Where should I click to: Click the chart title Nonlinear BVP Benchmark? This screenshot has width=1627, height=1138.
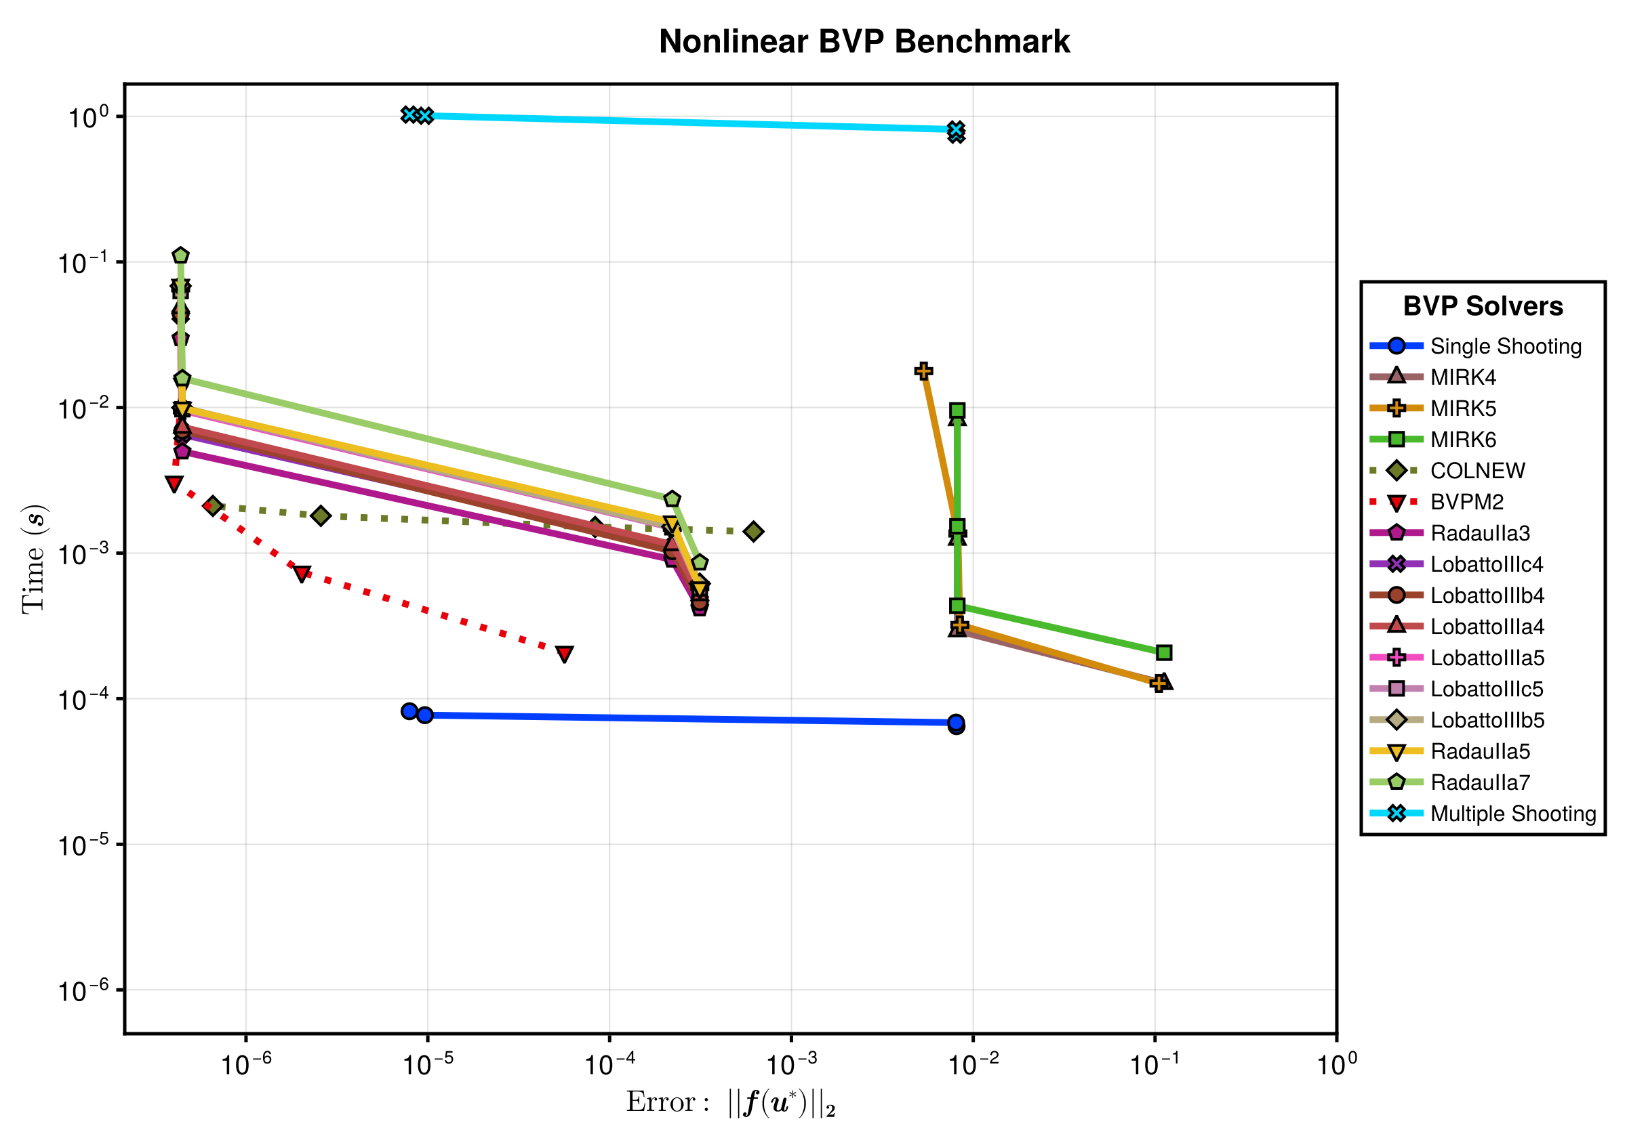(x=864, y=41)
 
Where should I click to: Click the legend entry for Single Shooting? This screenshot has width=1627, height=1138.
(x=1475, y=345)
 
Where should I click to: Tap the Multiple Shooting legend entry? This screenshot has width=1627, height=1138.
(x=1483, y=813)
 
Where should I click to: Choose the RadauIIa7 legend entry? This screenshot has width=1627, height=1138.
(x=1450, y=782)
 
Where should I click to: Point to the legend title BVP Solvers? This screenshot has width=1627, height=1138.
(x=1483, y=306)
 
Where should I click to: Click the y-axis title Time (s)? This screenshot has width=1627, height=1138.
(x=33, y=559)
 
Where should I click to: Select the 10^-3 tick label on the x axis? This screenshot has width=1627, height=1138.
(x=791, y=1063)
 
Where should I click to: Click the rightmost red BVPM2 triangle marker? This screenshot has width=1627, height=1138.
(x=564, y=654)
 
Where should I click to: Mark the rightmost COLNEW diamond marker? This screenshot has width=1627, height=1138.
(x=753, y=531)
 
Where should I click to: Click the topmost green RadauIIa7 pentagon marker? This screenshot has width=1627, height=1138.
(x=181, y=255)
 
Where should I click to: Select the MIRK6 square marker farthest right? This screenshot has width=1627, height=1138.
(x=1163, y=652)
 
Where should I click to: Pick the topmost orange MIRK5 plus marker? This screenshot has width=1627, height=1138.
(x=923, y=371)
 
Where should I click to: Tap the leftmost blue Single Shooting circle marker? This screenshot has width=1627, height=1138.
(x=409, y=711)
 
